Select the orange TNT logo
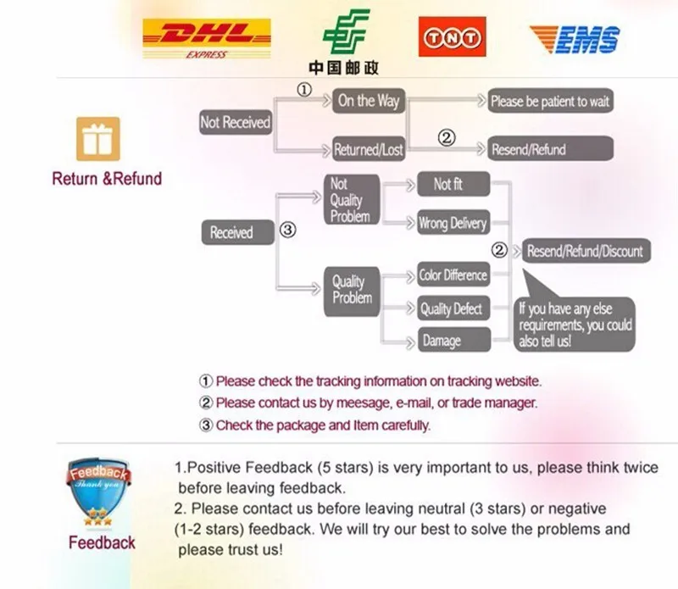452,38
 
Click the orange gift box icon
98,139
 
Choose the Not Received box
235,123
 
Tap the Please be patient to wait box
550,102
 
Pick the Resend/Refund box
550,150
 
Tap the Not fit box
453,184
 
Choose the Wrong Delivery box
453,224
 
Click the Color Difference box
453,275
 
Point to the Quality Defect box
453,309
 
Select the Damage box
453,341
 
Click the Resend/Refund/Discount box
585,251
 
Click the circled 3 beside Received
288,230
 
